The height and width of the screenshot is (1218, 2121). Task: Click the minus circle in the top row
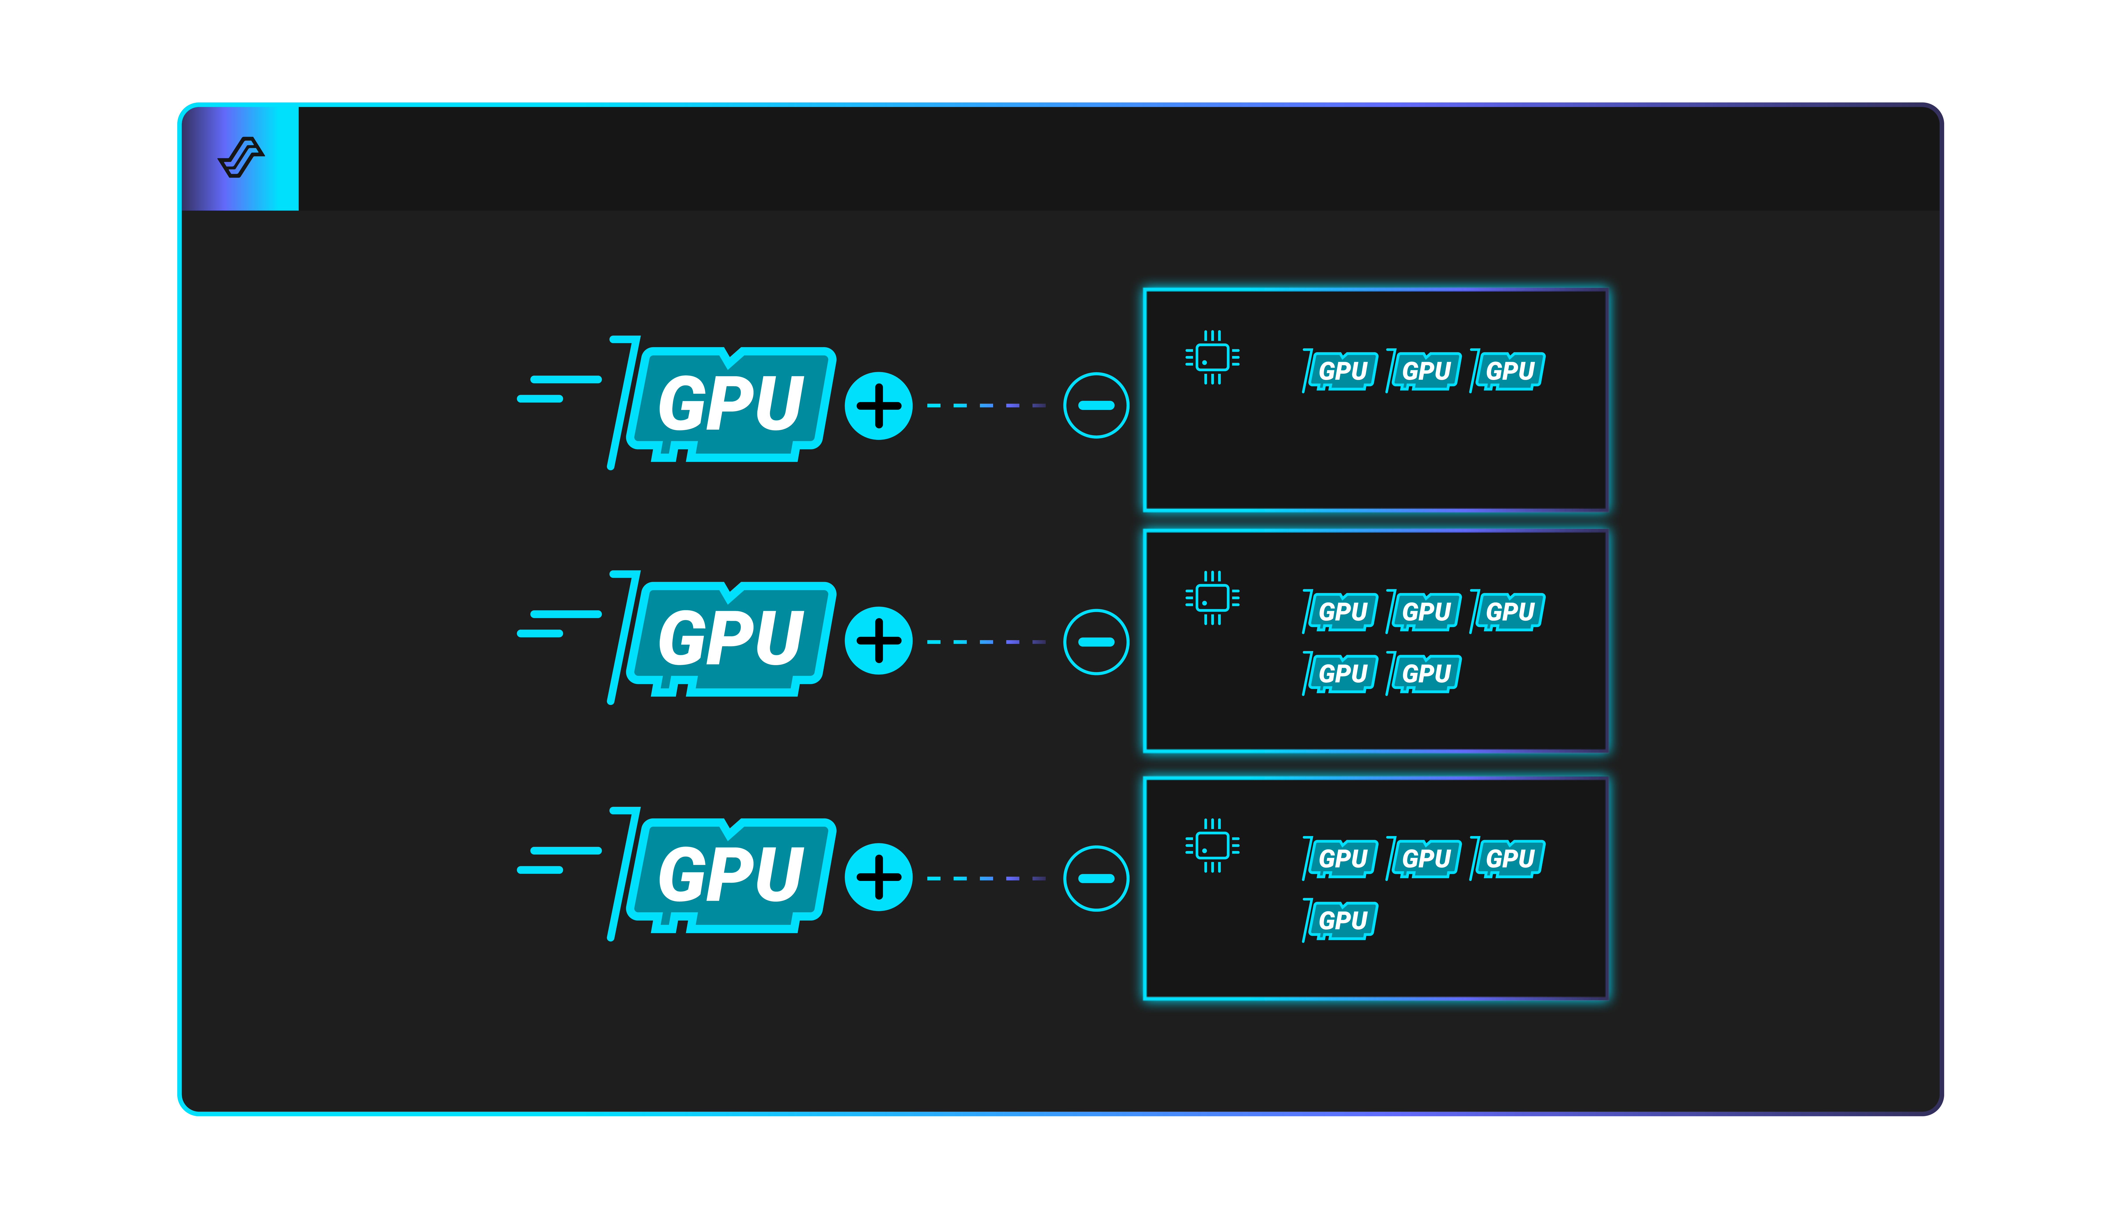(1096, 406)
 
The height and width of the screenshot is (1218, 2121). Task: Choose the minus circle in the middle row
(1096, 642)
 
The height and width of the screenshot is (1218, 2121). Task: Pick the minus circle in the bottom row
(1096, 878)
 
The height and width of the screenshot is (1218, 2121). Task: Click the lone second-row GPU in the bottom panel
(1340, 920)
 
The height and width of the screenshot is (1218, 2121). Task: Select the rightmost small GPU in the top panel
(1507, 371)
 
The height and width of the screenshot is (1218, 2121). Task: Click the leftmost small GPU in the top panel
(1340, 371)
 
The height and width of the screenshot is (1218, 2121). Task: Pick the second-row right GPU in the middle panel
(1424, 673)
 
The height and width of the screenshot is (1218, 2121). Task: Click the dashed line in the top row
(986, 406)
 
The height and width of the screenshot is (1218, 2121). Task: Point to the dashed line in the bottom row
(986, 878)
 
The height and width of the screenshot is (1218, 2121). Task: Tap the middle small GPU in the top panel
(1424, 371)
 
